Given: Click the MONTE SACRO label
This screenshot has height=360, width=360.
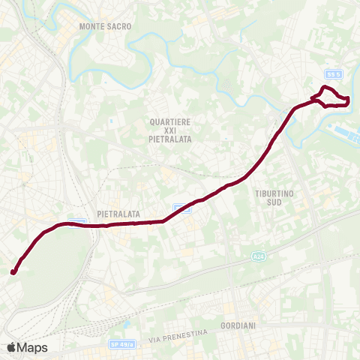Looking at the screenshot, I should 105,26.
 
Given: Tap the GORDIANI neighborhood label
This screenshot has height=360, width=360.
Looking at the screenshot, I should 239,325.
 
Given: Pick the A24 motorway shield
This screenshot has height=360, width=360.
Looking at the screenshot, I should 259,256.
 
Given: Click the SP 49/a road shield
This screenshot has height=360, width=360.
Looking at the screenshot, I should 120,343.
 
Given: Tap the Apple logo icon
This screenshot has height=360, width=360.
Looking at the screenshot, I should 11,347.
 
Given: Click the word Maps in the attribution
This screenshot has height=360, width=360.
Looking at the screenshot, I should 33,347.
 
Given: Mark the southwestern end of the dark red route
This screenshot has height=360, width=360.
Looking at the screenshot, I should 13,271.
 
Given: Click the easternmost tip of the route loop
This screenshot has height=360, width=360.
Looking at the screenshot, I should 349,100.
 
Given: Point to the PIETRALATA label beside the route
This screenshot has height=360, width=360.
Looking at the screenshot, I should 118,214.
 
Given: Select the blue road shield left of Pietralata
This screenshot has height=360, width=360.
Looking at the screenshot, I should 81,221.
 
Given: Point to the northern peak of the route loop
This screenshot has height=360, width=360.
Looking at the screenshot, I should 325,88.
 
